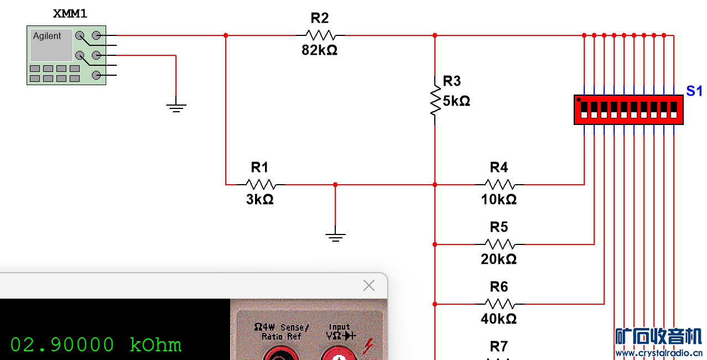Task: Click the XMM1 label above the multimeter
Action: pos(70,14)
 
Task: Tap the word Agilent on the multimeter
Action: pos(46,36)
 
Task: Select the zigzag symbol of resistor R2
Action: pos(320,35)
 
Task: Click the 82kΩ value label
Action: pos(319,50)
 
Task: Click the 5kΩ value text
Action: pos(456,101)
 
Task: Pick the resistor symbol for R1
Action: pos(261,185)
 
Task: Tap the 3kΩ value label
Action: pos(260,200)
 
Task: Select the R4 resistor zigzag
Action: pos(500,185)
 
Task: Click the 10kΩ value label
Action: pos(498,200)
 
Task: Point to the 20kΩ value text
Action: pos(498,259)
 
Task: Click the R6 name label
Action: pos(499,287)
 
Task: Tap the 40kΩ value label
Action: pos(498,319)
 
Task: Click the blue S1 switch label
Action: pos(694,91)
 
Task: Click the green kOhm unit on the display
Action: pos(155,345)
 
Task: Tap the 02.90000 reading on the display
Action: pos(62,345)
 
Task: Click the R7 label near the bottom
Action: pos(499,346)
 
